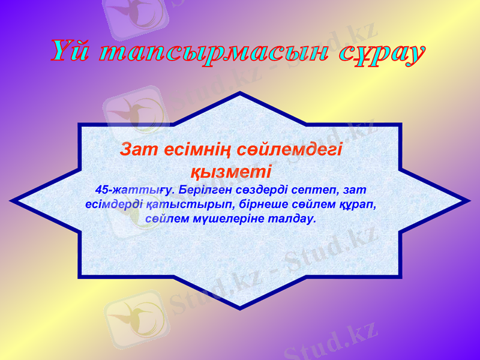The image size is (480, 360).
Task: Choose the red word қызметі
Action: pyautogui.click(x=231, y=171)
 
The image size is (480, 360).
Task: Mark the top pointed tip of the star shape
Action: pyautogui.click(x=240, y=94)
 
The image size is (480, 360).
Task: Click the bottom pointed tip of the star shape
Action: pyautogui.click(x=240, y=308)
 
